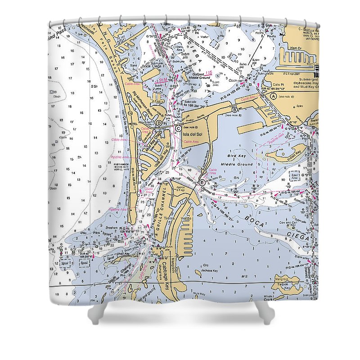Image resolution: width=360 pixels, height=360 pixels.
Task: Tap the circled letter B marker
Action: [234, 109]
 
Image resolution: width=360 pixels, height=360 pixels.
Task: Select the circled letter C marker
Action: [179, 128]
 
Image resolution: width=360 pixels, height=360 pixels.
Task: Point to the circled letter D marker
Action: [159, 123]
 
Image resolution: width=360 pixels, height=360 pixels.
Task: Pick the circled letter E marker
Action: [202, 182]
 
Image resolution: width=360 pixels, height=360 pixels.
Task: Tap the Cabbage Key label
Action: [166, 273]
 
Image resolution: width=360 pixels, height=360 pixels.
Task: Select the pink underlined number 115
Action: [208, 73]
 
